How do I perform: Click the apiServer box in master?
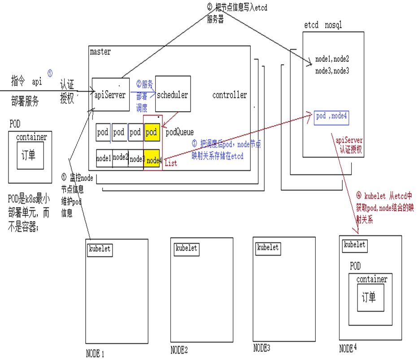coord(110,95)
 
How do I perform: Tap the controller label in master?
coord(230,95)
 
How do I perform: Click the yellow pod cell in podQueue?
coord(152,132)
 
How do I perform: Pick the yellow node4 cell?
coord(153,160)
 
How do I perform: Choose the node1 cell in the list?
coord(104,158)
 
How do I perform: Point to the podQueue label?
coord(180,132)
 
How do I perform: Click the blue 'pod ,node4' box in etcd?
coord(332,117)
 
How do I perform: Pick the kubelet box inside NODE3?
coord(268,247)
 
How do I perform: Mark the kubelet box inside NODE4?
coord(354,245)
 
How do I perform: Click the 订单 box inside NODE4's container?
coord(370,297)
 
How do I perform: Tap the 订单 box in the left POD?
coord(30,155)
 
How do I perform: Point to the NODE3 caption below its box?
coord(261,347)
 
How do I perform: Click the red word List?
coord(171,163)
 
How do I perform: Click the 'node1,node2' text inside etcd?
coord(332,59)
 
